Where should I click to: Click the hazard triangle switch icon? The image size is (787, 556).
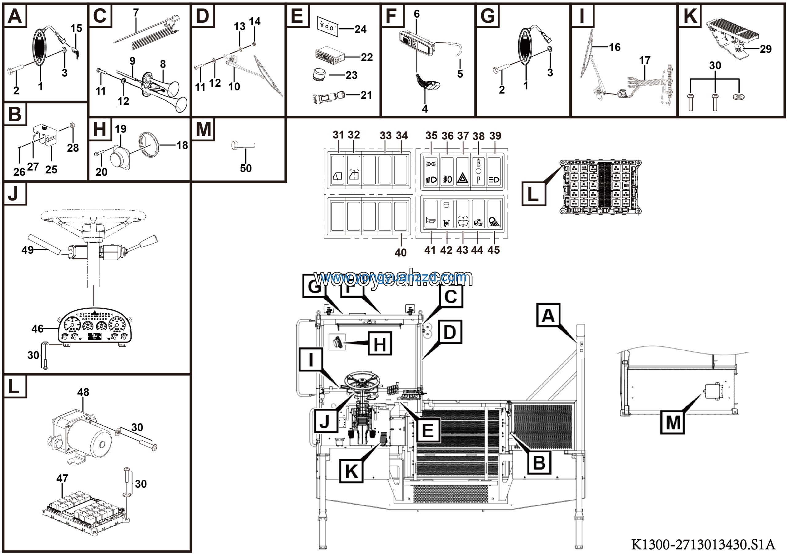(463, 178)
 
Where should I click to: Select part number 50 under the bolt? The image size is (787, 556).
(246, 168)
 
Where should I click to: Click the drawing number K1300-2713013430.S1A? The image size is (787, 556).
(703, 544)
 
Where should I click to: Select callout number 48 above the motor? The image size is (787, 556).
(83, 392)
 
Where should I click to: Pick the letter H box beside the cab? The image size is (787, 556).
(380, 344)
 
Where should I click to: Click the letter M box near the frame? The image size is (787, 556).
(673, 422)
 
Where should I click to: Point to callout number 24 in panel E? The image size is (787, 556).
(360, 29)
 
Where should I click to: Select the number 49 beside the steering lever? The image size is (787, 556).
(27, 250)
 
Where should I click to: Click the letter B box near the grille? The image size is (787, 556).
(539, 463)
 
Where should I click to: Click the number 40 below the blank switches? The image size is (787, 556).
(400, 253)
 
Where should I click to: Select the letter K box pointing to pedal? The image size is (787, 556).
(351, 471)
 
